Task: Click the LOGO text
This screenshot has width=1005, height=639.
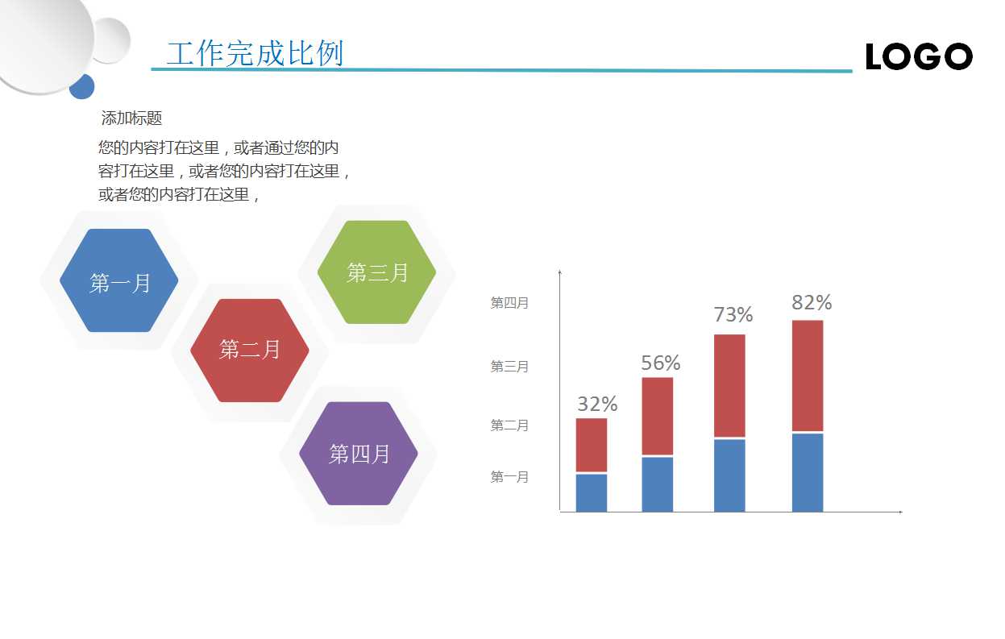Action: point(919,56)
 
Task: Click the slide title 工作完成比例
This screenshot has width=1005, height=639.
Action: point(255,53)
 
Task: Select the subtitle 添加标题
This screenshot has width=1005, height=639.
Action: point(131,118)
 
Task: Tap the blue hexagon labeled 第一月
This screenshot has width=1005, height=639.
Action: point(119,281)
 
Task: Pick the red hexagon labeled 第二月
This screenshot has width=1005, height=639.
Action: point(250,351)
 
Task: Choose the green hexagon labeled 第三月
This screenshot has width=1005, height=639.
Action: point(377,272)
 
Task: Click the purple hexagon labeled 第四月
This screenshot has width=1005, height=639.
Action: point(359,454)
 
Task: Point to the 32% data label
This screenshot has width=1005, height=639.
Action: point(597,405)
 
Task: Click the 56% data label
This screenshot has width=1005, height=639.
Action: point(661,363)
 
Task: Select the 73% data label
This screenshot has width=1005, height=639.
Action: point(733,315)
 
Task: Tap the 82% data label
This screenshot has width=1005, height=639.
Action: point(811,303)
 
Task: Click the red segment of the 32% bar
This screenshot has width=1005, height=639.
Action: point(592,445)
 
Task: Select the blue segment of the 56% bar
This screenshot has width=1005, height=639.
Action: point(658,484)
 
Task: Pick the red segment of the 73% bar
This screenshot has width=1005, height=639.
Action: point(729,385)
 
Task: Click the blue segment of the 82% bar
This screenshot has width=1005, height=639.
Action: point(808,472)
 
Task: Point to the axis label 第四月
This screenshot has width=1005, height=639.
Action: point(509,304)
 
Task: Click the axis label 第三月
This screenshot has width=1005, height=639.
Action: point(509,367)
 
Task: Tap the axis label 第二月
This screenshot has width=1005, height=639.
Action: point(509,425)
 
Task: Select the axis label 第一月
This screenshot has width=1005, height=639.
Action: point(509,477)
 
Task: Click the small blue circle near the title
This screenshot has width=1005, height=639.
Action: point(82,86)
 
